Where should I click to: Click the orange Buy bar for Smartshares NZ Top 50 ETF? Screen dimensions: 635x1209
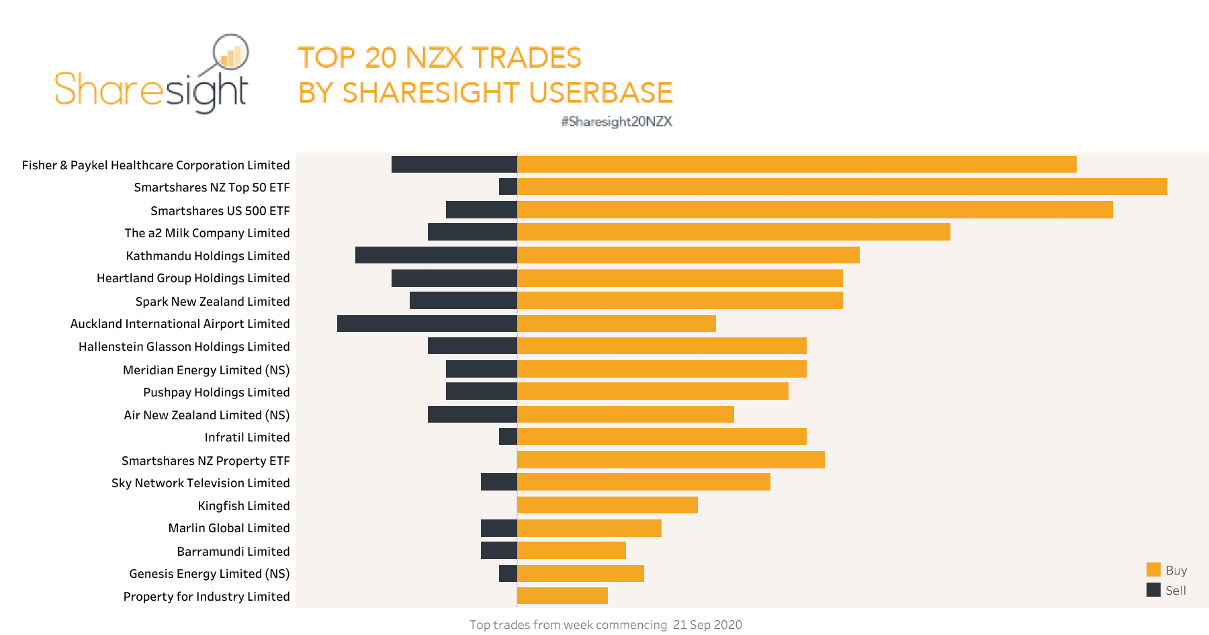[842, 187]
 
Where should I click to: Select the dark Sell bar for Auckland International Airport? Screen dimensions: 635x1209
[427, 324]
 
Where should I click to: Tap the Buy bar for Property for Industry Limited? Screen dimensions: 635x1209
[562, 596]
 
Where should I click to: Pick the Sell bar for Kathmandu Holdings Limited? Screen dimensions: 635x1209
[436, 255]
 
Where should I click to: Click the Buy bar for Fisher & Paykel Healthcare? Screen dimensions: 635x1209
[797, 165]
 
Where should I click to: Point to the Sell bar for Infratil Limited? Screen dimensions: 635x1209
[508, 437]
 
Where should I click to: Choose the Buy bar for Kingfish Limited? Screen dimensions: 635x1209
[607, 505]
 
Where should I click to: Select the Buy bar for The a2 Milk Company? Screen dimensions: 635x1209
[733, 232]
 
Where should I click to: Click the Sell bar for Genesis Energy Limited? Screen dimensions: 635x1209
[508, 573]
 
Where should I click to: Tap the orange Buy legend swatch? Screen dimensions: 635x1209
[1153, 570]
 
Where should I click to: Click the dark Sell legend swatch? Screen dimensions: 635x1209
[1153, 590]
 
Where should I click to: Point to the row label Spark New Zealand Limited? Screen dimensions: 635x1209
[212, 302]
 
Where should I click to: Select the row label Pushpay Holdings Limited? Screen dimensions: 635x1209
[216, 392]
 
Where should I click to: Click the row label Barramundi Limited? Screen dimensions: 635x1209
[233, 552]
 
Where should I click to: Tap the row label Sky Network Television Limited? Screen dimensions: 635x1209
[200, 483]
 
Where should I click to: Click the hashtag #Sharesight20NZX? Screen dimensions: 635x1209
[617, 122]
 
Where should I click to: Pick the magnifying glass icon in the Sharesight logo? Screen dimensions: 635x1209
[230, 52]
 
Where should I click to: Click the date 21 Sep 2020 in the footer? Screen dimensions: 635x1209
[707, 625]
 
